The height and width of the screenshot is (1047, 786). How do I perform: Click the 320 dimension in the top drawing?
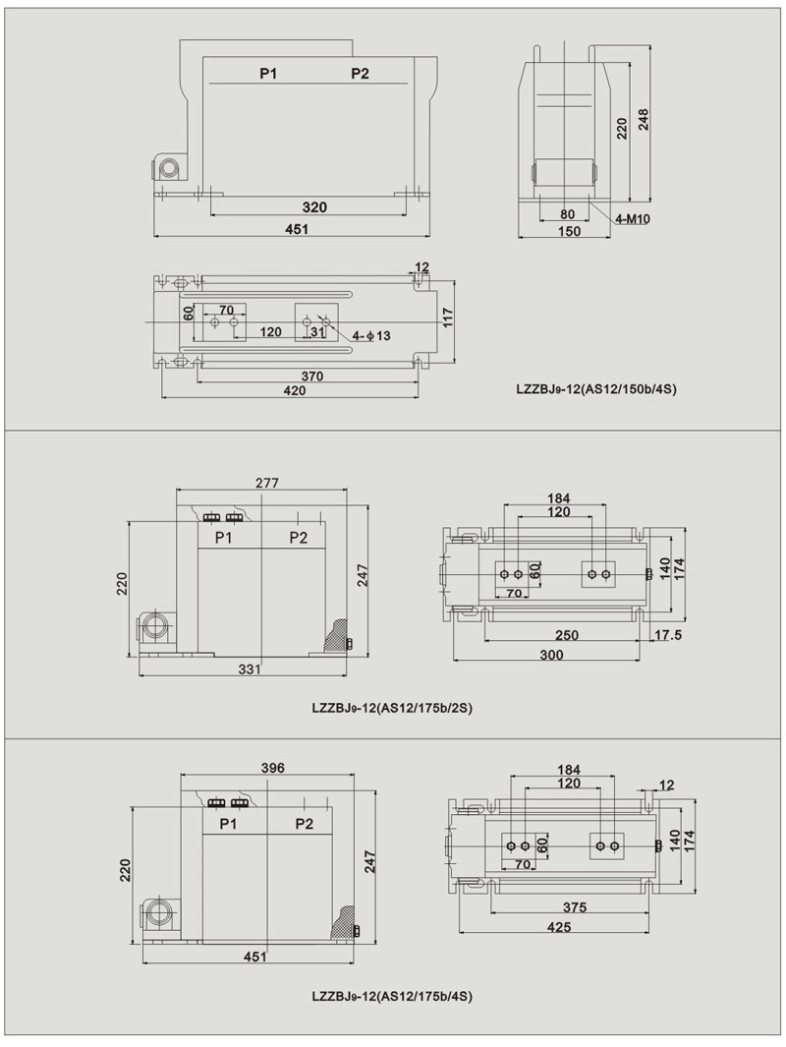(314, 207)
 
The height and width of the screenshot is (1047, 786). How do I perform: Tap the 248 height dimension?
(644, 118)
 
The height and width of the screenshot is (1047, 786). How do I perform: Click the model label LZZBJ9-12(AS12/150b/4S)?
(595, 389)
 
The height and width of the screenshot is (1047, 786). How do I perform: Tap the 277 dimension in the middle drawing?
(267, 483)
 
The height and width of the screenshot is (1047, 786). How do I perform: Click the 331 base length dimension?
(251, 669)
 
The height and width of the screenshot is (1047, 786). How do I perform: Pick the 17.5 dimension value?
(668, 635)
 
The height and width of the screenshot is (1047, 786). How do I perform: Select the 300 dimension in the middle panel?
(551, 655)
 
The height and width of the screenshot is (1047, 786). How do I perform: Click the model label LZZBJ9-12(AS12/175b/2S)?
(392, 706)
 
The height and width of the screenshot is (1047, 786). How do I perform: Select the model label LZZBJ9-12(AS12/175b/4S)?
(392, 996)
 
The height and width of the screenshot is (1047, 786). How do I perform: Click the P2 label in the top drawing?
(360, 75)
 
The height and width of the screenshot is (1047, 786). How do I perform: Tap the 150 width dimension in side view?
(568, 232)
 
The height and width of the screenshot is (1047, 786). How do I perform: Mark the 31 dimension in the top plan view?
(316, 333)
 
